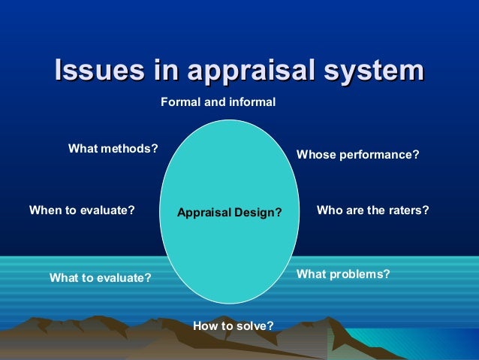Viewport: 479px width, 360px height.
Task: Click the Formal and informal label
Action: coord(218,101)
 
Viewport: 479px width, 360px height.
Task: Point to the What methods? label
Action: coord(113,148)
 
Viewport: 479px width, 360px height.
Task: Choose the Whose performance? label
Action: coord(357,155)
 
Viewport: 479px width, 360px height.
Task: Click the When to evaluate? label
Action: coord(82,210)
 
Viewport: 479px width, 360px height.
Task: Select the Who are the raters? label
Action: coord(372,210)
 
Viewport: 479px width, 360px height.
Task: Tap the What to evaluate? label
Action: coord(100,278)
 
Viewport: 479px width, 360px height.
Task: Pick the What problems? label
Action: coord(343,274)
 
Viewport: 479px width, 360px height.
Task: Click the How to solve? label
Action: coord(233,325)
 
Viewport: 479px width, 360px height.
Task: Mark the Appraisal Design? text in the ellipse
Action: coord(229,213)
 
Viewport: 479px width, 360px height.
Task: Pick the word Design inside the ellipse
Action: coord(255,213)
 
